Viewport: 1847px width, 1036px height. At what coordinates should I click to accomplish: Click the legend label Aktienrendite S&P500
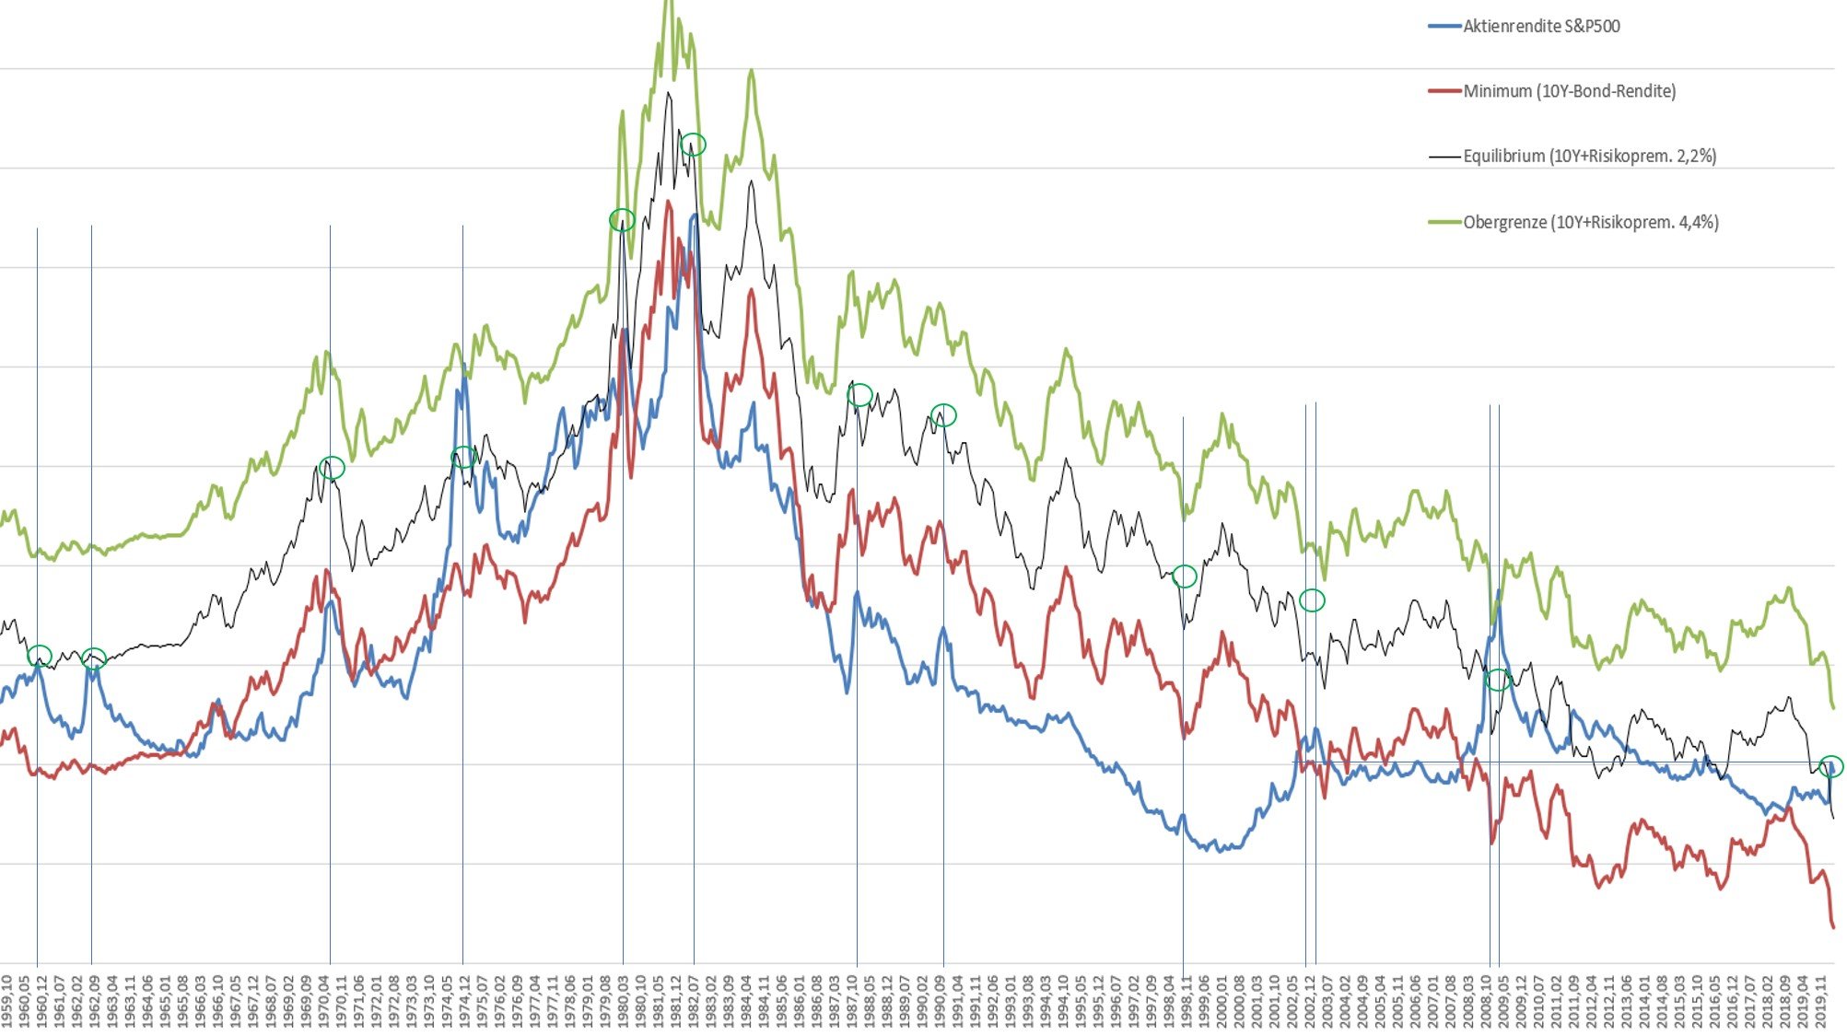pyautogui.click(x=1541, y=27)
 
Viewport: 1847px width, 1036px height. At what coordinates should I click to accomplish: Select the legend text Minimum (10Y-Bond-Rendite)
pyautogui.click(x=1569, y=91)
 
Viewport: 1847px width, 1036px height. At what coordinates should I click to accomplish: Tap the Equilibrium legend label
pyautogui.click(x=1589, y=157)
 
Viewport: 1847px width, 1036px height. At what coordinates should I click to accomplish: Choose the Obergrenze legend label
pyautogui.click(x=1590, y=222)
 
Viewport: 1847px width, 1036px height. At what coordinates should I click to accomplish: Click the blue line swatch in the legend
pyautogui.click(x=1444, y=27)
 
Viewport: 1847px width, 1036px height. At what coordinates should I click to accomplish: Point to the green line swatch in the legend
pyautogui.click(x=1444, y=222)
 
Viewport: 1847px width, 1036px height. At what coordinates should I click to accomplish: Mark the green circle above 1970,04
pyautogui.click(x=332, y=468)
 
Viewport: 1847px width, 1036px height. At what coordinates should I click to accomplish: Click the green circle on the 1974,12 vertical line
pyautogui.click(x=463, y=457)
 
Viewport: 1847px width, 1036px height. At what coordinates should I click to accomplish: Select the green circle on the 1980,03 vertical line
pyautogui.click(x=622, y=220)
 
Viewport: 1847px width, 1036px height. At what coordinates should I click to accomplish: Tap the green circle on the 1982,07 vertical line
pyautogui.click(x=693, y=145)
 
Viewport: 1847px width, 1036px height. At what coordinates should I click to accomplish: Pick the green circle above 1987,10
pyautogui.click(x=859, y=395)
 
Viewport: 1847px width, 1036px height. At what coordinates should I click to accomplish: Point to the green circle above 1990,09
pyautogui.click(x=943, y=415)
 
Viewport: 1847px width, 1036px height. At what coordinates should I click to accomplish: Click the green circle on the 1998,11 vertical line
pyautogui.click(x=1185, y=576)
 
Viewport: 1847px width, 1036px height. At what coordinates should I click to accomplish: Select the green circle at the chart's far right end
pyautogui.click(x=1831, y=766)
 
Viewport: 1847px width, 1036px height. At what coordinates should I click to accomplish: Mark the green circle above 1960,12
pyautogui.click(x=40, y=656)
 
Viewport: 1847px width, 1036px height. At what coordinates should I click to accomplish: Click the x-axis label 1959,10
pyautogui.click(x=7, y=1000)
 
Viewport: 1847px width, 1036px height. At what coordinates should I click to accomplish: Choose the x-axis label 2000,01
pyautogui.click(x=1222, y=1000)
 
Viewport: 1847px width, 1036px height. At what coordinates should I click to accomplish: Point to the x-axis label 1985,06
pyautogui.click(x=781, y=1000)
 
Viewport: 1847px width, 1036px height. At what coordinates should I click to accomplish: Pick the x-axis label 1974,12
pyautogui.click(x=463, y=1000)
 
